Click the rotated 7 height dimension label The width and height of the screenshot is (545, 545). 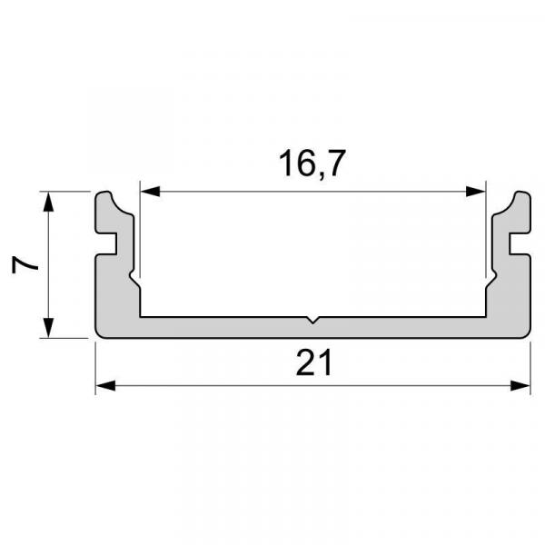tap(25, 265)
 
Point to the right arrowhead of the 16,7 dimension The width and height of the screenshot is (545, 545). tap(476, 192)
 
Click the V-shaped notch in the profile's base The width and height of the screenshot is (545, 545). tap(312, 320)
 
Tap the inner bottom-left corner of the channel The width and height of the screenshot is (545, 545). tap(139, 316)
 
